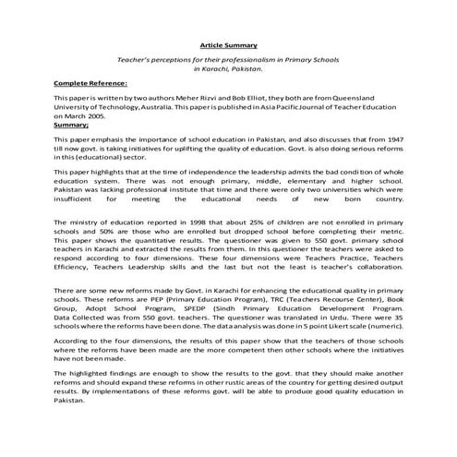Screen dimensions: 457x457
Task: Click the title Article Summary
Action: (229, 44)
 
